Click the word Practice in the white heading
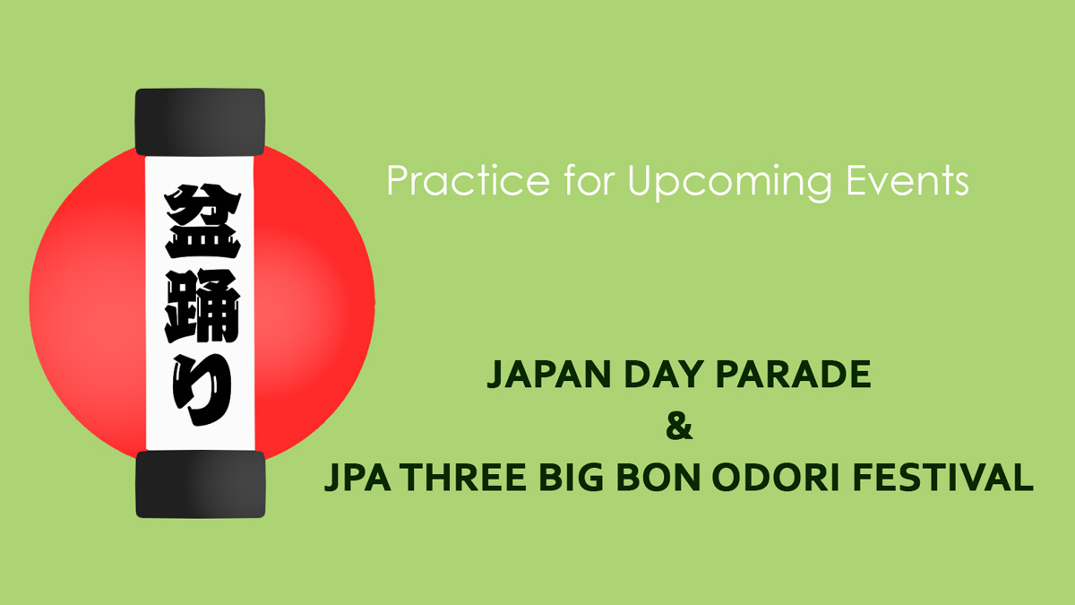[469, 180]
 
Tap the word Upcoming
[729, 183]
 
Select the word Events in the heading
[907, 180]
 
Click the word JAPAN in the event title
[548, 374]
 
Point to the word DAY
[664, 374]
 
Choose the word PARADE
[794, 374]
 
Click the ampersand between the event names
[679, 427]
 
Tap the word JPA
[357, 478]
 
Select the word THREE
[465, 478]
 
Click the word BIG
[572, 478]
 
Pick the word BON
[657, 478]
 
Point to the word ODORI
[776, 478]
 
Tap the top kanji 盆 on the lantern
[202, 221]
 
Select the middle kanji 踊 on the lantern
[202, 306]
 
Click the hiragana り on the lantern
[202, 389]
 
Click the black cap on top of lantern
[200, 122]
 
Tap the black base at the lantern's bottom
[200, 484]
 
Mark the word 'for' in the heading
[589, 180]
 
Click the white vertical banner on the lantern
[200, 303]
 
